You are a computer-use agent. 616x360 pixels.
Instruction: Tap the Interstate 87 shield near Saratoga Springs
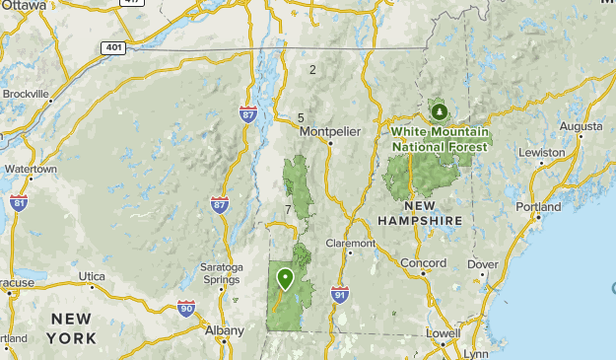click(220, 204)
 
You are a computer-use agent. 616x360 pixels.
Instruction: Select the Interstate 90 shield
click(186, 309)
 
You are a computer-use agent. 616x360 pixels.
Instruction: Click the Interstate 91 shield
click(340, 294)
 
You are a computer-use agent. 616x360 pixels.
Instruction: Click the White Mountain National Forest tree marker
click(439, 111)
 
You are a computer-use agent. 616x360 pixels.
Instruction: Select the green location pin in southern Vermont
click(285, 278)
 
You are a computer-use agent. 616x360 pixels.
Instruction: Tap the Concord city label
click(423, 263)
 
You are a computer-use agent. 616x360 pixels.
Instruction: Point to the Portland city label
click(538, 207)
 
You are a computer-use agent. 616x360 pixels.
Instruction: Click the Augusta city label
click(581, 126)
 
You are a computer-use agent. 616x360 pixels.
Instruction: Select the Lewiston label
click(542, 153)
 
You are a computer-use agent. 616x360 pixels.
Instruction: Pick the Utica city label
click(93, 276)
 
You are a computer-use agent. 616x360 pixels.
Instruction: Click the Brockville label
click(26, 94)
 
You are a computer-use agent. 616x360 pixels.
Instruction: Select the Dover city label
click(483, 264)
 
